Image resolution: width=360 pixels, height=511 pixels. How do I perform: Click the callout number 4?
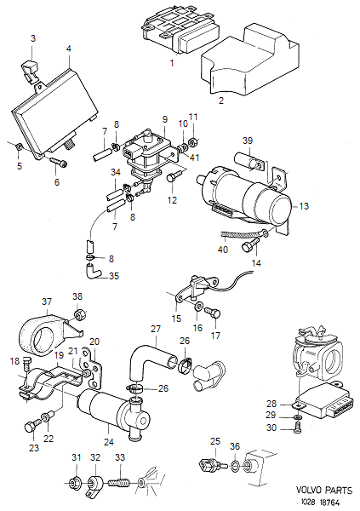pyautogui.click(x=68, y=49)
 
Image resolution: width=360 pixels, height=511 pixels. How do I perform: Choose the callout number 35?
pyautogui.click(x=115, y=276)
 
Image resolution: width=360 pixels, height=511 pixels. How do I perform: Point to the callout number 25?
pyautogui.click(x=216, y=441)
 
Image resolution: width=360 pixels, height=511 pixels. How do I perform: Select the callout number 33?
pyautogui.click(x=119, y=458)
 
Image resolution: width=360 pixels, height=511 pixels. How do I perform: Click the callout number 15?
pyautogui.click(x=178, y=319)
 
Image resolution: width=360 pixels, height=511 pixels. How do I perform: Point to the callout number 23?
pyautogui.click(x=33, y=446)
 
